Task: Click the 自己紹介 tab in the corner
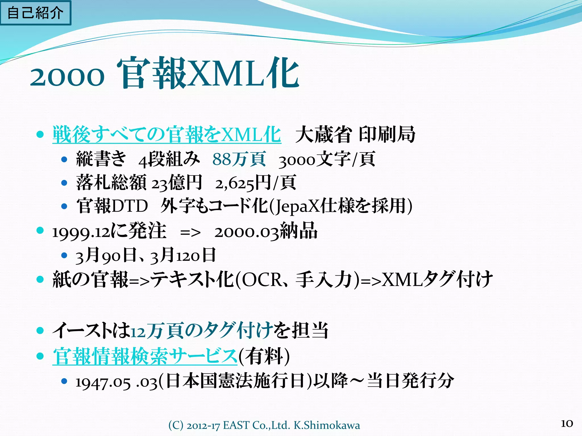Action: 35,13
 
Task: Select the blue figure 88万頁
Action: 239,159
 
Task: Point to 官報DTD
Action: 112,206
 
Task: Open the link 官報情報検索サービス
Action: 145,356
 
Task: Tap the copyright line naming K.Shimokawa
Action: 264,425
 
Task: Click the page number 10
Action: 567,424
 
